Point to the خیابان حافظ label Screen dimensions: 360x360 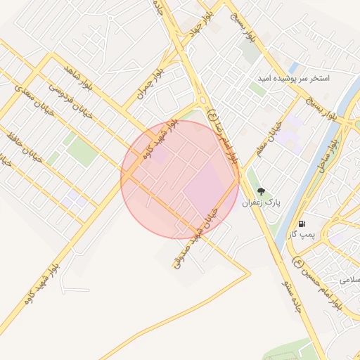(25, 148)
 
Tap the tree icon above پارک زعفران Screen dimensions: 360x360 (261, 191)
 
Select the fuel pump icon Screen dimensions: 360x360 (302, 222)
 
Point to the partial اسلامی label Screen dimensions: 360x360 (349, 280)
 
